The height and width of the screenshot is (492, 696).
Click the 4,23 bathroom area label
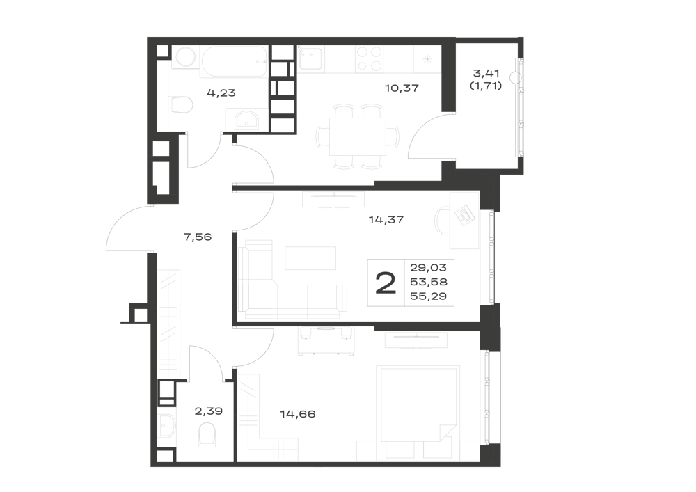[x=221, y=93]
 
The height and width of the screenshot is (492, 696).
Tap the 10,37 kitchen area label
[x=402, y=88]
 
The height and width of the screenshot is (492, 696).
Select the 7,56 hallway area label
[x=198, y=237]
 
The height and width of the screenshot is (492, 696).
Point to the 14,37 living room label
[x=386, y=219]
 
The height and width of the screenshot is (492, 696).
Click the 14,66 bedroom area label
[x=298, y=414]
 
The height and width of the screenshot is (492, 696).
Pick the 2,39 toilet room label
[x=209, y=411]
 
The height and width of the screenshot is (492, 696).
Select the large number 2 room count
[x=386, y=283]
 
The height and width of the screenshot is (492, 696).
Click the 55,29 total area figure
[x=428, y=296]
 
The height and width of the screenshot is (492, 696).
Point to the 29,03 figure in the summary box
[x=428, y=267]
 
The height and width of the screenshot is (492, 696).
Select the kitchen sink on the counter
[x=310, y=58]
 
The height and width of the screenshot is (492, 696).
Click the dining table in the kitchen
[x=357, y=136]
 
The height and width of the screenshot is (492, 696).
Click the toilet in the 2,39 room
[x=207, y=434]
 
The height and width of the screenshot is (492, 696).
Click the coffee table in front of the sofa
[x=310, y=258]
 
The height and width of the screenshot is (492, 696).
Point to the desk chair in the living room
[x=442, y=218]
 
